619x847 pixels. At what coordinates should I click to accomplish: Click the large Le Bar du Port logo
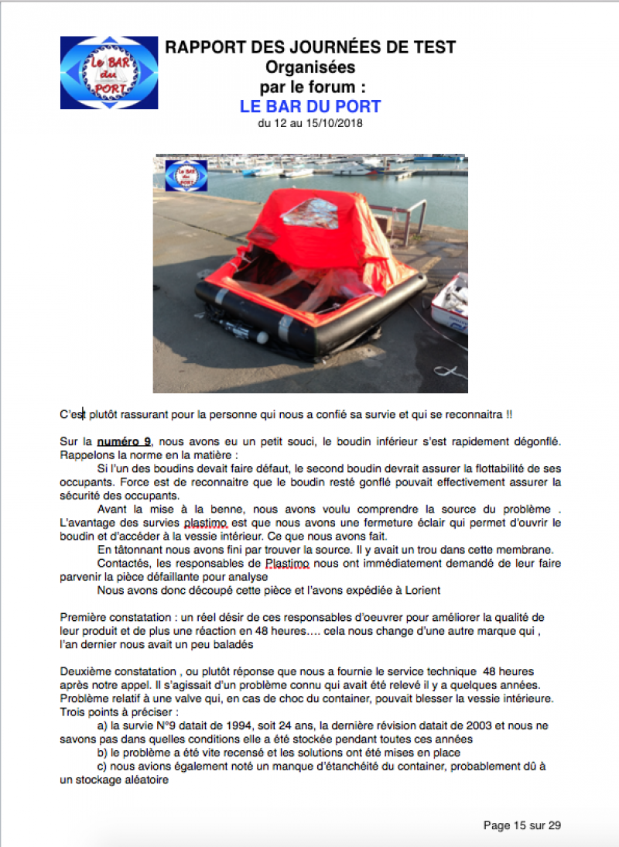pos(109,73)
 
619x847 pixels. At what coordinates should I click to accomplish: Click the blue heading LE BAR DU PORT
pos(310,106)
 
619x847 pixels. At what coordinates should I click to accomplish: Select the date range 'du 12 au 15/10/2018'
pos(309,122)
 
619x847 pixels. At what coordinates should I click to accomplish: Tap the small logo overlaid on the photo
pos(186,176)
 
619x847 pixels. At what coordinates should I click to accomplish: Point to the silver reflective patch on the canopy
pos(310,212)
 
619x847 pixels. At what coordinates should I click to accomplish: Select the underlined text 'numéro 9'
pos(124,441)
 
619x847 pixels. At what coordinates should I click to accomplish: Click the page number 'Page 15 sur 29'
pos(522,825)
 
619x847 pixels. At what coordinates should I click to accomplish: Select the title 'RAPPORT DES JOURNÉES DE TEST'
pos(310,48)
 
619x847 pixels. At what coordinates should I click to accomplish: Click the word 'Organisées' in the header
pos(310,67)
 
